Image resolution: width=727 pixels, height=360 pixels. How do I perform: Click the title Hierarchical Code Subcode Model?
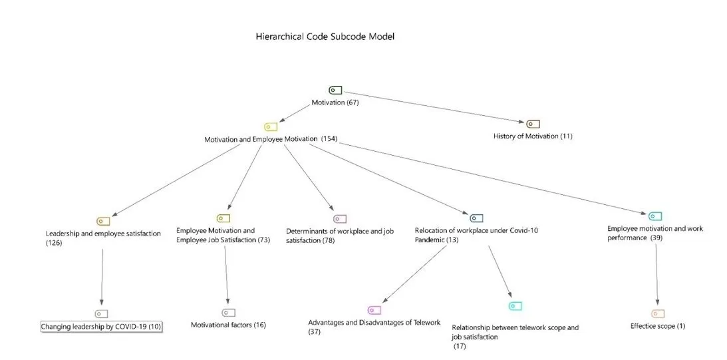click(325, 37)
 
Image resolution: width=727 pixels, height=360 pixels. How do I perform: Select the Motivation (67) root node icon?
click(335, 90)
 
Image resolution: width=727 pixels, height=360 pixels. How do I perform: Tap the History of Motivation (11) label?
click(533, 136)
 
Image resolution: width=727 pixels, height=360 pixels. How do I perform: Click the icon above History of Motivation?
click(533, 124)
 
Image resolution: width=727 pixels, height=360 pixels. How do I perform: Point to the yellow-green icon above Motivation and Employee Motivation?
click(271, 126)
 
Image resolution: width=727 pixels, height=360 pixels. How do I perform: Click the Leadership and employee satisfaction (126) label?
click(102, 238)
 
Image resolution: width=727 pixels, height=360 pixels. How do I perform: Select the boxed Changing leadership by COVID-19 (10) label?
click(101, 327)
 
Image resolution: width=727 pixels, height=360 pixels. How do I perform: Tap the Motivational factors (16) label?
click(228, 325)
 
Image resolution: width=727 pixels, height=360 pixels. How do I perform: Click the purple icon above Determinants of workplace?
click(340, 218)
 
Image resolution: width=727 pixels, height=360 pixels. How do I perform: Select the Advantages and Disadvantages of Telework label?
click(374, 327)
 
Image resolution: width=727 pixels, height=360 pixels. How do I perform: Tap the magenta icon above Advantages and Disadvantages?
click(374, 310)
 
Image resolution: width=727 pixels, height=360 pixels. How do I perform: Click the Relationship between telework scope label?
click(515, 332)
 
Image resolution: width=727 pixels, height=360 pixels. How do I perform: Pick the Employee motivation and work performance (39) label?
click(654, 233)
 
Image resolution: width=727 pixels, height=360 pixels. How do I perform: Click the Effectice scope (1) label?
click(657, 326)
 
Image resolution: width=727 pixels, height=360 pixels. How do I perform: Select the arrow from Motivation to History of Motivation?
click(432, 106)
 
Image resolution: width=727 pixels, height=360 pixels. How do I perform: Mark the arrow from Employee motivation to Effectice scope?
click(657, 276)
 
